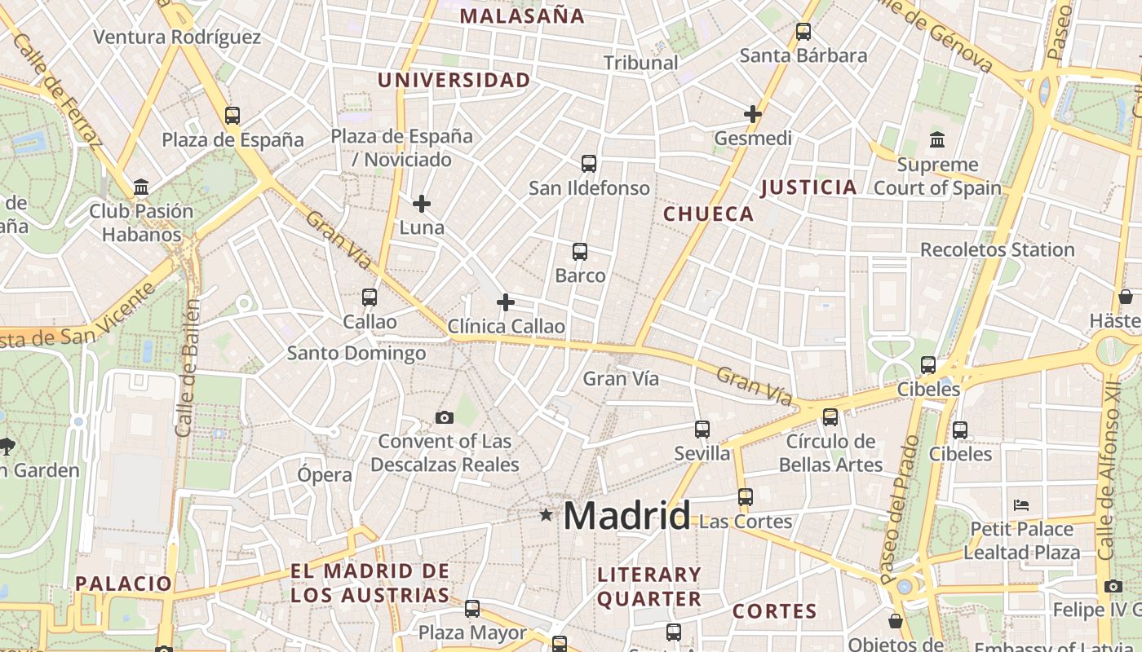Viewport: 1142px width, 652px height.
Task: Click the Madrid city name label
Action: pyautogui.click(x=626, y=516)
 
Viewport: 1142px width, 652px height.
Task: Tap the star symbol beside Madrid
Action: pyautogui.click(x=546, y=515)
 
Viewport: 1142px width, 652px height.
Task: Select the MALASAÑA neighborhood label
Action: pyautogui.click(x=522, y=16)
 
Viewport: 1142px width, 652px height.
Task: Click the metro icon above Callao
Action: pyautogui.click(x=370, y=297)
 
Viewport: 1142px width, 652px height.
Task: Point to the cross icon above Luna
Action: pyautogui.click(x=422, y=203)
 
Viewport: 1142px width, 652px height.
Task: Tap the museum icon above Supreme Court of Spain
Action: pyautogui.click(x=937, y=140)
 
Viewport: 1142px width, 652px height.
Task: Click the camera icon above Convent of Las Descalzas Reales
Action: pyautogui.click(x=445, y=418)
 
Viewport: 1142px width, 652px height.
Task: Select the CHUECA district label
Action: pyautogui.click(x=708, y=214)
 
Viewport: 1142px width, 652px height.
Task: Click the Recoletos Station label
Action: pyautogui.click(x=997, y=249)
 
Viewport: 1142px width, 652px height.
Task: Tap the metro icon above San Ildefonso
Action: pyautogui.click(x=589, y=164)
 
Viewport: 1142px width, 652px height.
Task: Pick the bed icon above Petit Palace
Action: pyautogui.click(x=1021, y=505)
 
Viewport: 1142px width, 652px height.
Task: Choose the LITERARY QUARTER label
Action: pyautogui.click(x=649, y=587)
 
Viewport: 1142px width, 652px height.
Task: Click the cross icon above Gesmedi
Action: pyautogui.click(x=753, y=114)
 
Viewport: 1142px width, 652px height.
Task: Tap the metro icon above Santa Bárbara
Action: pyautogui.click(x=803, y=32)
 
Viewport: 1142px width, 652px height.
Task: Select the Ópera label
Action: pyautogui.click(x=325, y=474)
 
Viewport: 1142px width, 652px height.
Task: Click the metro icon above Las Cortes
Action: pyautogui.click(x=746, y=497)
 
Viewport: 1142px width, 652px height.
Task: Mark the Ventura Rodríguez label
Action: pyautogui.click(x=177, y=37)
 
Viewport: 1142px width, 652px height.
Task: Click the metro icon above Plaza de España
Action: pyautogui.click(x=232, y=116)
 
